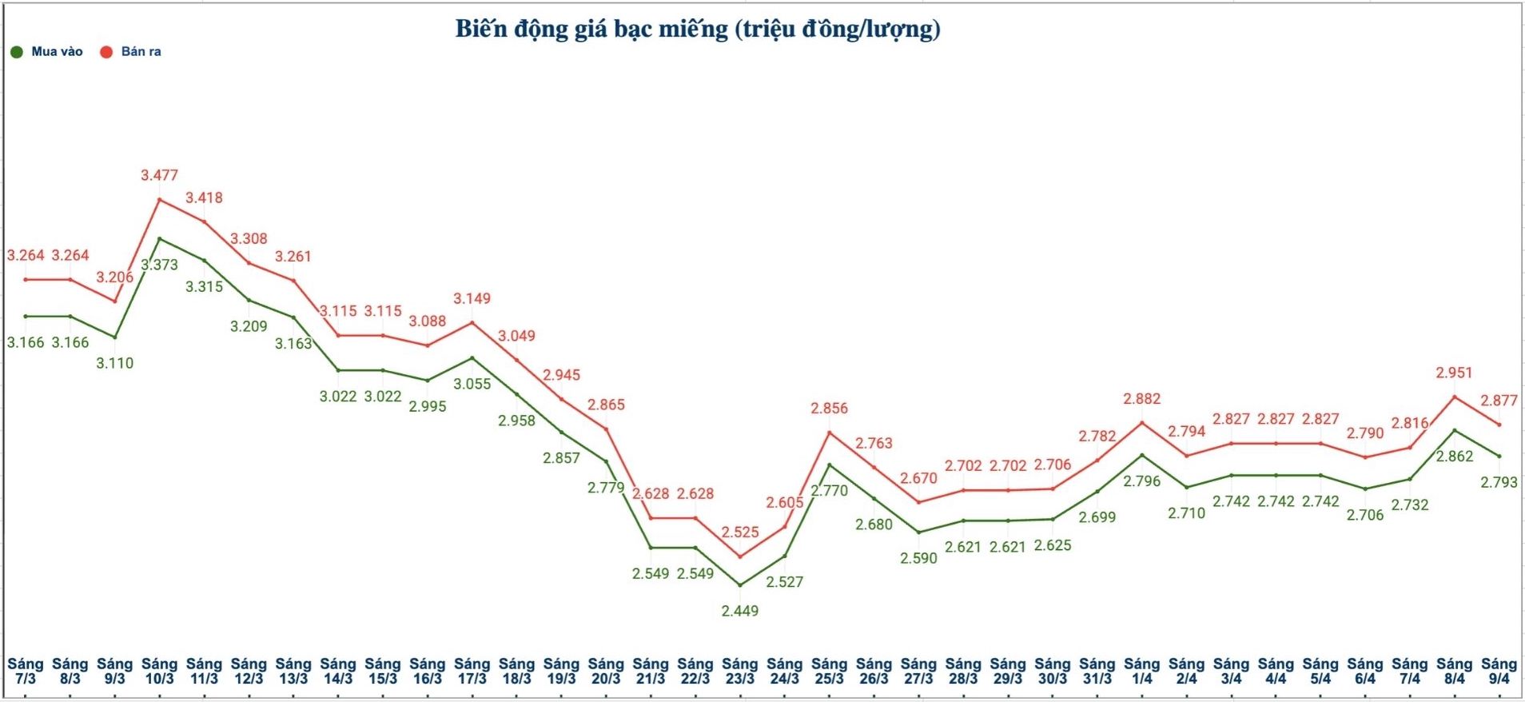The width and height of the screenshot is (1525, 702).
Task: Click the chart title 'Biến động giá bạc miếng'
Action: pyautogui.click(x=697, y=30)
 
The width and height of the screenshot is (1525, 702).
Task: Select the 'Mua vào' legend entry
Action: pyautogui.click(x=48, y=52)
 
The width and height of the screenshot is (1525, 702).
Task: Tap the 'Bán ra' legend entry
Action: pyautogui.click(x=131, y=52)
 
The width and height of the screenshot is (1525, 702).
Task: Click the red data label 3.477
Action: pyautogui.click(x=159, y=175)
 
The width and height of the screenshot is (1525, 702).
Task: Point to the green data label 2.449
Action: pyautogui.click(x=739, y=611)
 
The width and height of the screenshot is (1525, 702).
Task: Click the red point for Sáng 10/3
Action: pyautogui.click(x=160, y=199)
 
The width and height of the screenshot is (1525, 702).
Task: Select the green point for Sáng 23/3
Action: pyautogui.click(x=740, y=585)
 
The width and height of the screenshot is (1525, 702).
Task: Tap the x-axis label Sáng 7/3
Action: pyautogui.click(x=26, y=671)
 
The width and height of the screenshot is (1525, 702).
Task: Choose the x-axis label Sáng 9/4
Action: pyautogui.click(x=1499, y=671)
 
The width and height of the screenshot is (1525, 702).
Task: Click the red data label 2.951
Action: pyautogui.click(x=1454, y=373)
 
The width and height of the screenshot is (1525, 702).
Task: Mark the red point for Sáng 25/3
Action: pyautogui.click(x=830, y=433)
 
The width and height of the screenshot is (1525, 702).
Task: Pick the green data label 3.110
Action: pyautogui.click(x=115, y=363)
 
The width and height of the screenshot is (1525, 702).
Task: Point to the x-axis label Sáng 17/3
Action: pyautogui.click(x=472, y=671)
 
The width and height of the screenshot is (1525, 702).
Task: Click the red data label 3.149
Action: pyautogui.click(x=472, y=298)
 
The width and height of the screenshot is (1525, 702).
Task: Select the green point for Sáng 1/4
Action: pyautogui.click(x=1142, y=455)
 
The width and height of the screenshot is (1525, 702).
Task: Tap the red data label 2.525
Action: pyautogui.click(x=739, y=532)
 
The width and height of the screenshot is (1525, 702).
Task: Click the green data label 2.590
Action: pyautogui.click(x=918, y=558)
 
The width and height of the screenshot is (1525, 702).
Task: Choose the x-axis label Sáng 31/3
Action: pyautogui.click(x=1097, y=671)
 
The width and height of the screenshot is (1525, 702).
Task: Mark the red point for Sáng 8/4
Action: pyautogui.click(x=1455, y=397)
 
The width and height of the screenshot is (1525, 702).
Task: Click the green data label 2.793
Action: pyautogui.click(x=1499, y=482)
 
